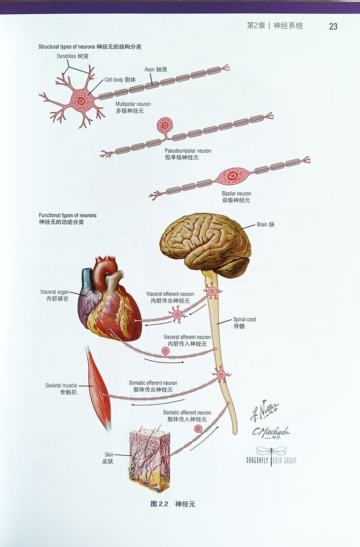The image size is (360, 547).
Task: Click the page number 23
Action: point(333,26)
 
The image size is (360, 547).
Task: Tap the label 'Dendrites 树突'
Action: point(72,57)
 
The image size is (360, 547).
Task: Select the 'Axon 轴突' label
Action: point(155,69)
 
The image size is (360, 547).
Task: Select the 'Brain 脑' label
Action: point(266,224)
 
